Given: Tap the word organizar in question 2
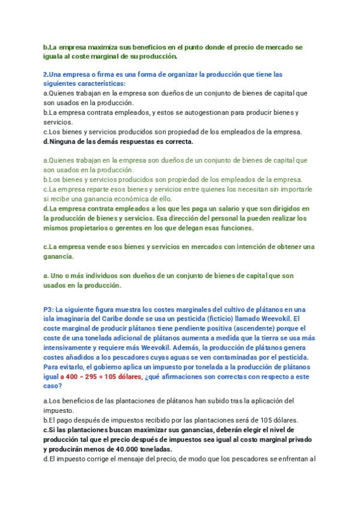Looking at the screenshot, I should (x=174, y=74).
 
